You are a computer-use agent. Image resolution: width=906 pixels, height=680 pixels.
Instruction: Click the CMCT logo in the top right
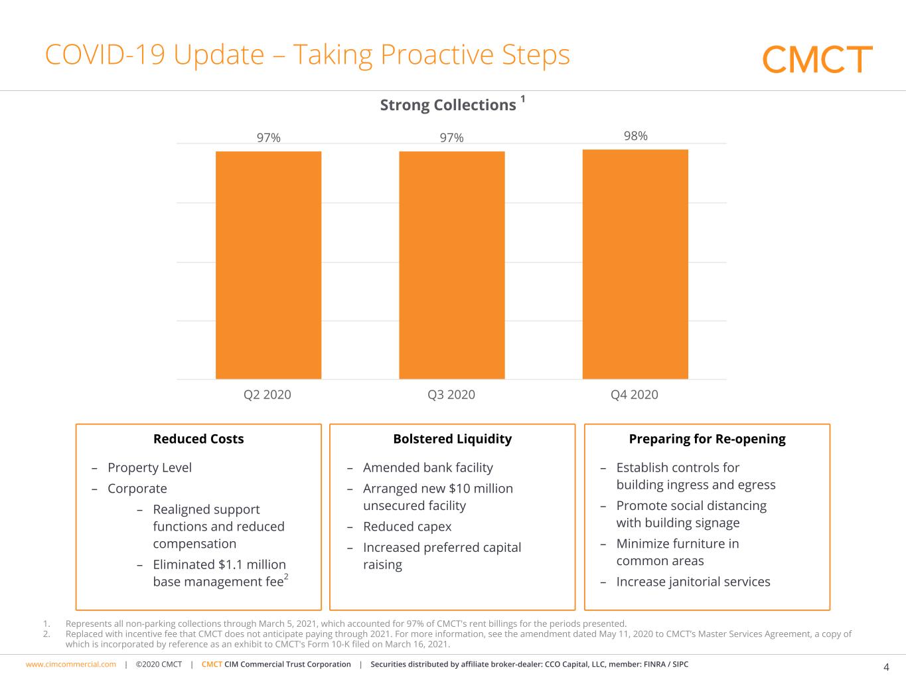817,59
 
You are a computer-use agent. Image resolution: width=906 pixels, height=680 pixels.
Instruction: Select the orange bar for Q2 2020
268,265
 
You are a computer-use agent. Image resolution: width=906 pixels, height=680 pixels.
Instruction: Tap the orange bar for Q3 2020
451,265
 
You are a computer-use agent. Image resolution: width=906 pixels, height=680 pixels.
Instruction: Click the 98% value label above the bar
635,135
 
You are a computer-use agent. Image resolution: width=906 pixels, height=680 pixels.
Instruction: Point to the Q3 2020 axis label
451,394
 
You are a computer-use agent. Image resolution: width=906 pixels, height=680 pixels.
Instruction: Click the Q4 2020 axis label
635,394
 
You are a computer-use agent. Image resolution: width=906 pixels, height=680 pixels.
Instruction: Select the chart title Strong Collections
448,105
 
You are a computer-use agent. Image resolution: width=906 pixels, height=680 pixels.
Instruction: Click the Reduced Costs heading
198,439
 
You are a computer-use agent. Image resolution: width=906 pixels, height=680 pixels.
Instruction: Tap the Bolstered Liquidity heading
452,439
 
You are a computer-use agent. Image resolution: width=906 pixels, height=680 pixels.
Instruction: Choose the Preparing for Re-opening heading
707,439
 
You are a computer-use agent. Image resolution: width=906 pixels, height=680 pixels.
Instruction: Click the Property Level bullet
149,467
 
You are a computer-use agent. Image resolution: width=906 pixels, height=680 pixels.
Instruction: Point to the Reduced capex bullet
407,527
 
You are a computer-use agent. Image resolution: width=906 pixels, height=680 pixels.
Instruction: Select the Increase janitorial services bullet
693,582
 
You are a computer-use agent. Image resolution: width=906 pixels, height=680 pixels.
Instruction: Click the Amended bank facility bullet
427,467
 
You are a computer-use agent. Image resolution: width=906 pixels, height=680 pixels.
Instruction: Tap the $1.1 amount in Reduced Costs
231,564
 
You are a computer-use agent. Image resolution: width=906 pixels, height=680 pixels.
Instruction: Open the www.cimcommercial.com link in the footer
71,664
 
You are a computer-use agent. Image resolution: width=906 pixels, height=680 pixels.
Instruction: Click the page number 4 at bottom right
886,667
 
